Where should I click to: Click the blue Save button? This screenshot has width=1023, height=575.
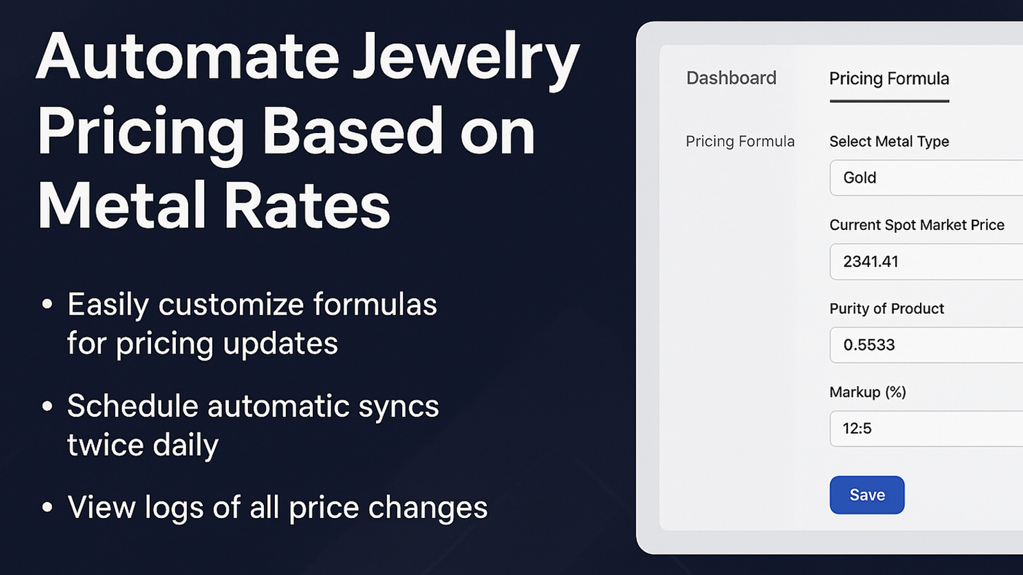pyautogui.click(x=867, y=495)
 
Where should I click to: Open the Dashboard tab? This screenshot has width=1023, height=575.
pyautogui.click(x=731, y=78)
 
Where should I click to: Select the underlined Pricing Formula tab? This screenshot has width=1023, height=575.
pyautogui.click(x=889, y=79)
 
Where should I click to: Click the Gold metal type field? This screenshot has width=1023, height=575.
pyautogui.click(x=926, y=178)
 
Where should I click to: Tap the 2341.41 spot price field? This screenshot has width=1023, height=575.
pyautogui.click(x=926, y=261)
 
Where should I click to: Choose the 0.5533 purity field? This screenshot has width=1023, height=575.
pyautogui.click(x=926, y=345)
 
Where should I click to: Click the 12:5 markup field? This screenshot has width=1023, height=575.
pyautogui.click(x=926, y=429)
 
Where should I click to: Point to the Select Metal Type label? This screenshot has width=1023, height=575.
pyautogui.click(x=889, y=141)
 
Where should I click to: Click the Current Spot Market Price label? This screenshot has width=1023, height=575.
pyautogui.click(x=917, y=225)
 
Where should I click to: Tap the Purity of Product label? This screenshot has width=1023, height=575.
pyautogui.click(x=886, y=309)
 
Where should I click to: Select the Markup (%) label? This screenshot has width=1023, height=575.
pyautogui.click(x=868, y=392)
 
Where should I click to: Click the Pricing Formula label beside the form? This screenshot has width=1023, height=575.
pyautogui.click(x=740, y=141)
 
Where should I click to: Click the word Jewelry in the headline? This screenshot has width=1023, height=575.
pyautogui.click(x=466, y=61)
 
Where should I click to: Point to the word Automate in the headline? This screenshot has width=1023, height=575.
pyautogui.click(x=187, y=57)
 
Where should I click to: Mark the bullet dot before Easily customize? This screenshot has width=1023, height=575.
pyautogui.click(x=47, y=304)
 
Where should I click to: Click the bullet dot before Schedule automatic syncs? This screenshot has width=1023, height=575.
pyautogui.click(x=47, y=406)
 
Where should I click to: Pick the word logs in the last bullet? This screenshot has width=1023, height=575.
pyautogui.click(x=174, y=509)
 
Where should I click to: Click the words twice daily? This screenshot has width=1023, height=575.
pyautogui.click(x=143, y=445)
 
